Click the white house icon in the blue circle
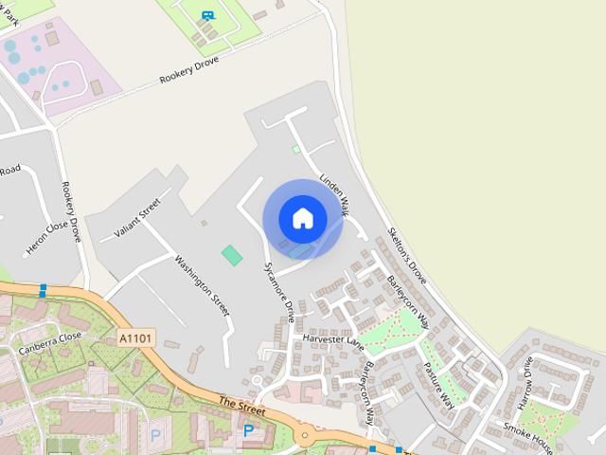[303, 218]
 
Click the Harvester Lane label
[333, 338]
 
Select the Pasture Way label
[439, 385]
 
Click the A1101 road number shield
[136, 337]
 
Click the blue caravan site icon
[207, 15]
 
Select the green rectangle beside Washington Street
[231, 254]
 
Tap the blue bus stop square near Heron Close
[43, 290]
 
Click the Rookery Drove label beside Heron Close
[72, 211]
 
